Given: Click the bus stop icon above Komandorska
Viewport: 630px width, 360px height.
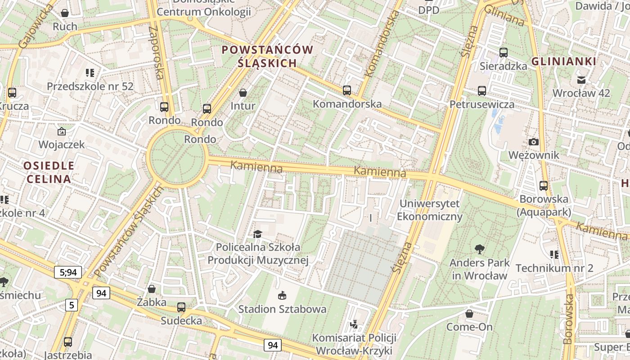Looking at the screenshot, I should point(346,90).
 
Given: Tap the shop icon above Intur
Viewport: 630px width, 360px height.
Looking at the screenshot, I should point(243,93).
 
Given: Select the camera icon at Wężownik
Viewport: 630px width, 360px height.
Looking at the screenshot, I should point(534,142).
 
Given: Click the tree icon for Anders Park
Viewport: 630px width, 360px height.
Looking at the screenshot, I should point(480,249).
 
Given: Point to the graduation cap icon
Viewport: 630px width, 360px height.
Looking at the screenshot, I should point(257,234).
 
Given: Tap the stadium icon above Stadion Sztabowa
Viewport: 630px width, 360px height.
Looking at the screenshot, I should point(282,295).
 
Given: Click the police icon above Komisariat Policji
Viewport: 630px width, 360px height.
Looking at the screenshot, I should point(355,324).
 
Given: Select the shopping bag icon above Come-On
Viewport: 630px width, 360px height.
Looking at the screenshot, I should point(469,313).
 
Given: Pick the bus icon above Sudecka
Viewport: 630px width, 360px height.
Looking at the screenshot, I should point(181,307).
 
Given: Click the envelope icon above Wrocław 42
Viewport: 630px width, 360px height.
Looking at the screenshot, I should point(581,80).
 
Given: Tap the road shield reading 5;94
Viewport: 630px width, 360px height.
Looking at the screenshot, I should point(68,272).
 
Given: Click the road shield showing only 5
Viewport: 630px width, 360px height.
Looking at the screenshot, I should point(71,305).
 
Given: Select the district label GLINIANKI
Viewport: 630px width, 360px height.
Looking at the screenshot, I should point(564,62).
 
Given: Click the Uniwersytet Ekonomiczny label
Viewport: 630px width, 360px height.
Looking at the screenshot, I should point(430,210).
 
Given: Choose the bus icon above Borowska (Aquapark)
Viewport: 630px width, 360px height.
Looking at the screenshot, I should point(544,185).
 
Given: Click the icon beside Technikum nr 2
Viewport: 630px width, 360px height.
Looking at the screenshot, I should point(554,255).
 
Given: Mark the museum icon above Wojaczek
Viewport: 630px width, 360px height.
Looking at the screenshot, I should point(62,131).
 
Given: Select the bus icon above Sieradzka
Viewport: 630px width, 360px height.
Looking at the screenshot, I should point(504,53).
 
